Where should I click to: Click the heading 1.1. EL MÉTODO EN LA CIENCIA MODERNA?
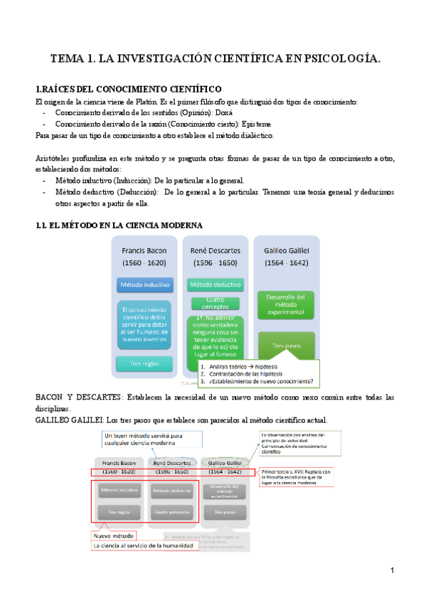pyautogui.click(x=119, y=225)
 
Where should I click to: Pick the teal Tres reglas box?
pyautogui.click(x=144, y=363)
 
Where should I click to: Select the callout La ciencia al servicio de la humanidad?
pyautogui.click(x=149, y=545)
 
